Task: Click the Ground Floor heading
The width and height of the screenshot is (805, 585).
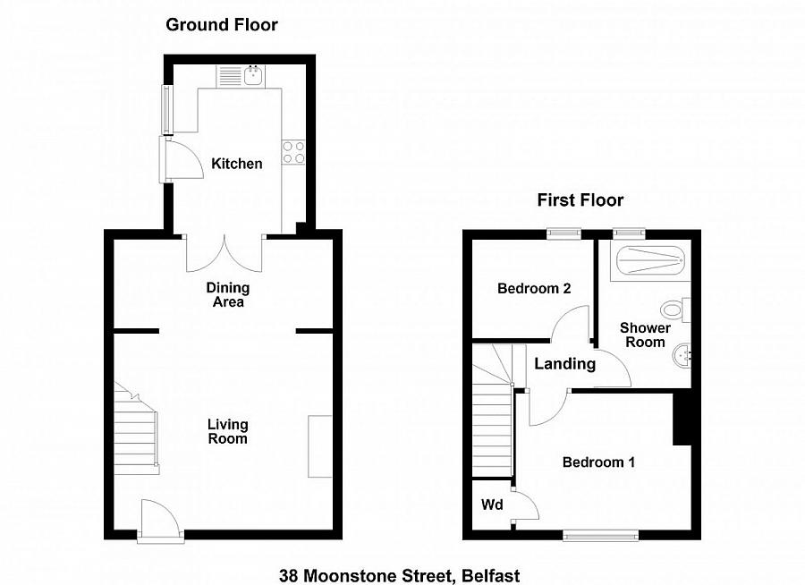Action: (222, 25)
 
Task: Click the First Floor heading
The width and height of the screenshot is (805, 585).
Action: (580, 200)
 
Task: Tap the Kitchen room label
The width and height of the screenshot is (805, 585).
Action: (237, 164)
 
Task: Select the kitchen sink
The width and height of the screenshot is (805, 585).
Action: (253, 74)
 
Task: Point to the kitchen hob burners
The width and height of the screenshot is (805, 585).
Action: (293, 152)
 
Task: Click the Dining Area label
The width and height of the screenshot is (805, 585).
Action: (227, 295)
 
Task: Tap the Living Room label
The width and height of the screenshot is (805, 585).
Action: (227, 431)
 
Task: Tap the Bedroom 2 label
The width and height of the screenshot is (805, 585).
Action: (534, 289)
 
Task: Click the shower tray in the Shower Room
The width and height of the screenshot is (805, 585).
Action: (648, 259)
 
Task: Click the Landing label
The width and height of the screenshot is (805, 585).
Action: (565, 364)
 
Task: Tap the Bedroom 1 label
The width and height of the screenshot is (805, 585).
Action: (598, 462)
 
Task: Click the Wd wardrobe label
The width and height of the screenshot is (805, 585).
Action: (492, 505)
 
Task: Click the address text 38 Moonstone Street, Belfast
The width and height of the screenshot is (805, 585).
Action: (399, 576)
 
